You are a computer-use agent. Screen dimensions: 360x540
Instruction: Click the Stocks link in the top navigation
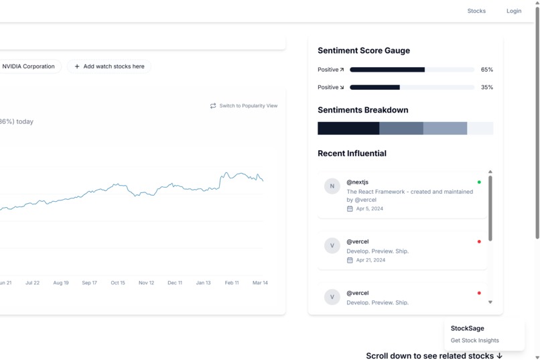476,11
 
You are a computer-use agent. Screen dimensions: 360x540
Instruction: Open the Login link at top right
514,11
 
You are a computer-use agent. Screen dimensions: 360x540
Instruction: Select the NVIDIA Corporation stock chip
28,66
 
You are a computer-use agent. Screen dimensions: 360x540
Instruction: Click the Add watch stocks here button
109,66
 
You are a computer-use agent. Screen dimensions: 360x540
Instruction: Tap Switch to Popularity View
244,106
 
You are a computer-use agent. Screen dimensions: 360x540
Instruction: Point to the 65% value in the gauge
486,70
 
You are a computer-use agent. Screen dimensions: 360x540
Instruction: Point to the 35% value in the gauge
486,87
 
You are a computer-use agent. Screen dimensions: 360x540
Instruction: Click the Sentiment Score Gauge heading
363,51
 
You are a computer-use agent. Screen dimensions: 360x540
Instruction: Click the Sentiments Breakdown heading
362,110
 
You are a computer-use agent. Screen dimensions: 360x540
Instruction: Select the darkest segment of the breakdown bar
348,128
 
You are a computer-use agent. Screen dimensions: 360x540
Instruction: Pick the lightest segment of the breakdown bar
480,128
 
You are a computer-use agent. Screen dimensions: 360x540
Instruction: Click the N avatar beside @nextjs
332,186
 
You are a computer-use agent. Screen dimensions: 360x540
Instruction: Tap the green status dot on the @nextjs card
479,182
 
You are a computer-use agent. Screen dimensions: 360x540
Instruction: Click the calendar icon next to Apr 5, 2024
350,209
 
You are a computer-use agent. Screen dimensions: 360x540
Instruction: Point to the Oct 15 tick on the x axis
118,283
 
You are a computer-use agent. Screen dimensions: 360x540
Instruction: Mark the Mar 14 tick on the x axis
260,283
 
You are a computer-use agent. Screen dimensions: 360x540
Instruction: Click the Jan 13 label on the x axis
203,283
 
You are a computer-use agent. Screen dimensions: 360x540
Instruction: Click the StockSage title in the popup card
467,328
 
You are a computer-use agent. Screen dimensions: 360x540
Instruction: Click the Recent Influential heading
352,154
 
